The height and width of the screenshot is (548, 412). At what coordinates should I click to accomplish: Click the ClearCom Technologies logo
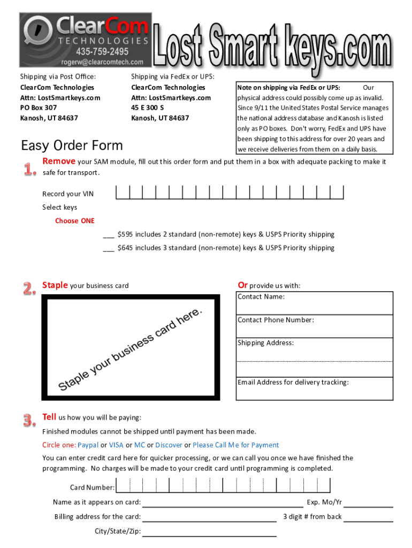(86, 32)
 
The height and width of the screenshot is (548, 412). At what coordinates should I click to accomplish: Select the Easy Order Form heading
(72, 146)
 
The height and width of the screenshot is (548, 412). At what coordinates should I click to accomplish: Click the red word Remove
(59, 161)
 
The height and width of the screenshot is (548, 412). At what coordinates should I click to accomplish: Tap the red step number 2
(29, 289)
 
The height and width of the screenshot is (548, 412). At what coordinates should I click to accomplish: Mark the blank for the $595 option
(108, 235)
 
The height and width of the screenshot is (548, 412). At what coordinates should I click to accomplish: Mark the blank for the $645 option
(108, 248)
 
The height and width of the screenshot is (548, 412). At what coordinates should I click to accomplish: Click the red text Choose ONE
(74, 220)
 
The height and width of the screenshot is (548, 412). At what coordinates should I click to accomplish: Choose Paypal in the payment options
(88, 445)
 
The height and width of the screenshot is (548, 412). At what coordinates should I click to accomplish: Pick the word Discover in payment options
(169, 445)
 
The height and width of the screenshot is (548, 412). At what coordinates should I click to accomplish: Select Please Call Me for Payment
(235, 445)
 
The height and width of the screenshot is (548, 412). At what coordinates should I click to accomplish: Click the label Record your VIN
(68, 194)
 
